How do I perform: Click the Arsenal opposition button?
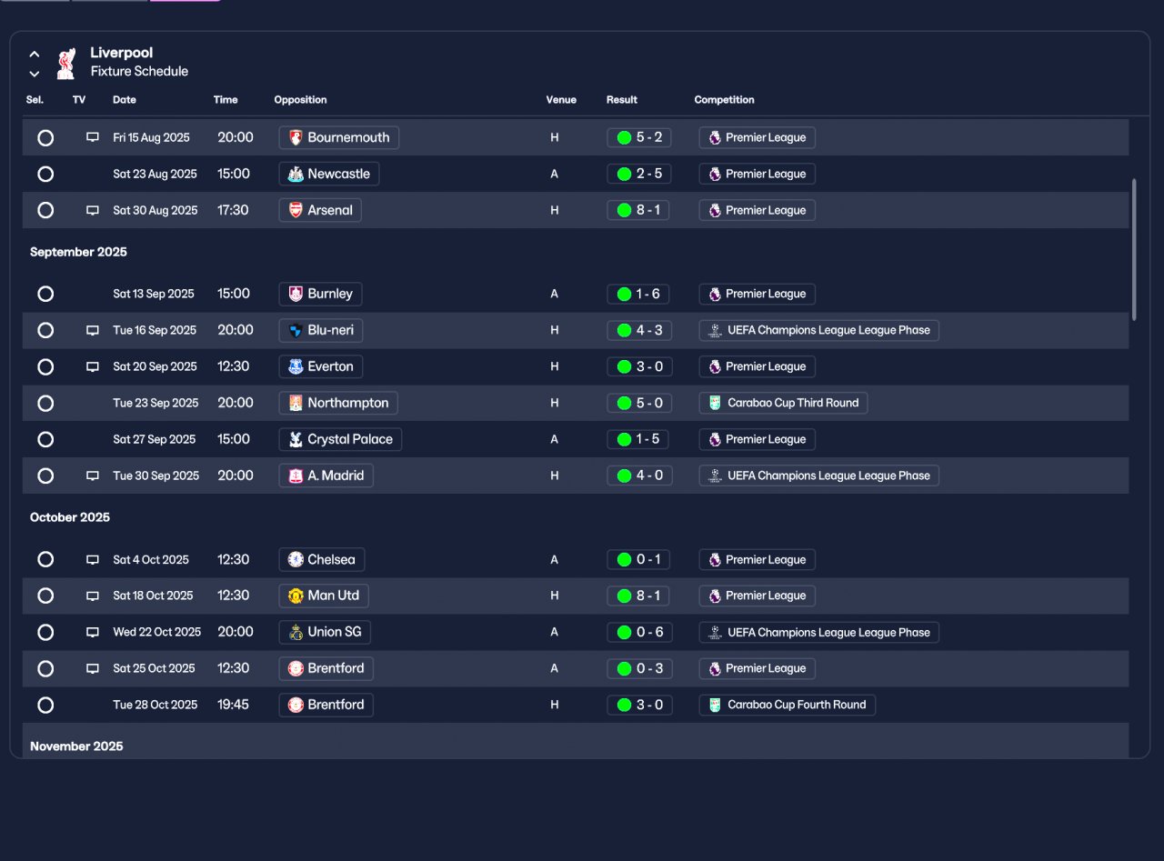click(x=320, y=210)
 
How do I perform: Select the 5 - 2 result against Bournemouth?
click(x=639, y=137)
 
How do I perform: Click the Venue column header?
click(x=561, y=100)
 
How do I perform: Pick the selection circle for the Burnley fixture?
click(x=45, y=294)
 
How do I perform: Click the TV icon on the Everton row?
click(x=92, y=366)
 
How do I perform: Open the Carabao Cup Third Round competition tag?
click(x=783, y=403)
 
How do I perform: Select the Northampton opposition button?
click(x=338, y=403)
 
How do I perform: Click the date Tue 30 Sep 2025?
click(x=156, y=476)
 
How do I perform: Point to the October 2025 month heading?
click(x=70, y=517)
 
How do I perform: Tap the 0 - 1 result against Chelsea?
click(x=639, y=559)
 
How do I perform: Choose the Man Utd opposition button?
click(x=324, y=596)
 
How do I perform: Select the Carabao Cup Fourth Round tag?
click(x=787, y=705)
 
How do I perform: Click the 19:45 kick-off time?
click(x=233, y=705)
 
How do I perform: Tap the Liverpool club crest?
click(x=65, y=63)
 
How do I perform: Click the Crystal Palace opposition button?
click(x=340, y=439)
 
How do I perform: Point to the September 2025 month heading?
click(x=78, y=252)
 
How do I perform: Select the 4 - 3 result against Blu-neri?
click(x=639, y=330)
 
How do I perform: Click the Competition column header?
click(x=724, y=100)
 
